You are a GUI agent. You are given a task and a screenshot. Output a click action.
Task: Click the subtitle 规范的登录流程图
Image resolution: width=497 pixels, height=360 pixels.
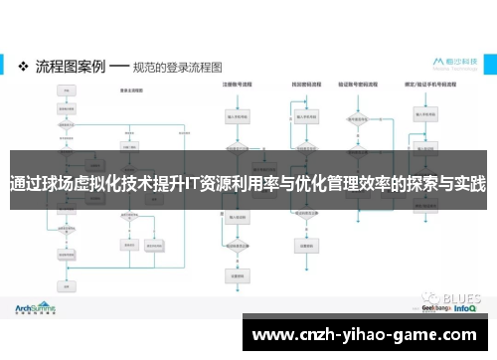[x=178, y=68]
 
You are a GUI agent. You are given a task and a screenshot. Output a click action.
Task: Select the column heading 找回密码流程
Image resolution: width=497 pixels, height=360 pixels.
[x=303, y=86]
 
